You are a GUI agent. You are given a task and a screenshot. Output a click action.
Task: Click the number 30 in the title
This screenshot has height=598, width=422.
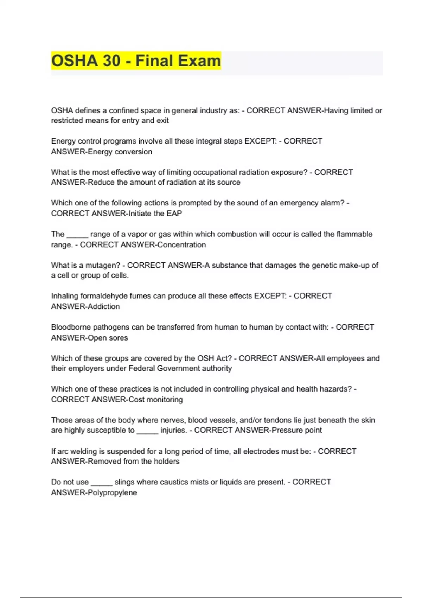[111, 61]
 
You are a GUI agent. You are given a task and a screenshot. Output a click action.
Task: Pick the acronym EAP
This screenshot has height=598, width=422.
[174, 213]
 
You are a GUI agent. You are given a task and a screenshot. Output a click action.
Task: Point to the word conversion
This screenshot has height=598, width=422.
[135, 152]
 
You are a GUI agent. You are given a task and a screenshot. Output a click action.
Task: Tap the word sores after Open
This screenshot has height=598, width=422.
[118, 338]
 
